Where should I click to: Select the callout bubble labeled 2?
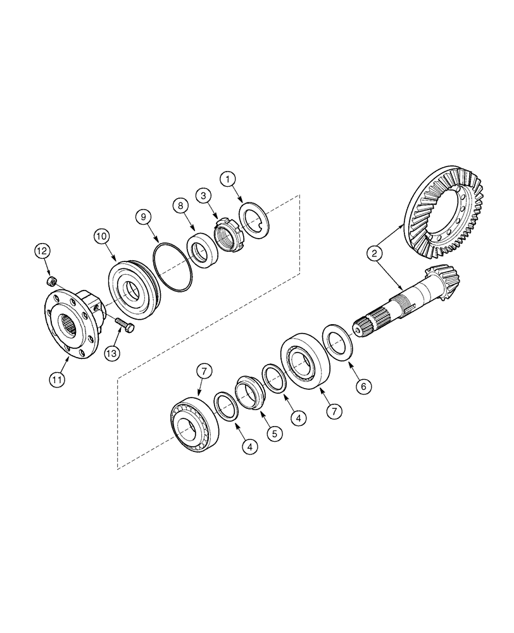pyautogui.click(x=375, y=254)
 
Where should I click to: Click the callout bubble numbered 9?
pyautogui.click(x=145, y=217)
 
